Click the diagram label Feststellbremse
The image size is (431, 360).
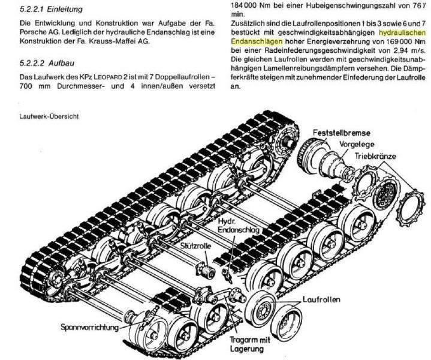342,133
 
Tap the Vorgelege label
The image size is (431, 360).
357,145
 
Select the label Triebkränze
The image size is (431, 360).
375,157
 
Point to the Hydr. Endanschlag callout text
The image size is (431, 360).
239,226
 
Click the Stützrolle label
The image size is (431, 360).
196,246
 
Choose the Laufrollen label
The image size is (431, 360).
321,299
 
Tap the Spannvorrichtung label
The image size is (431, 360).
89,327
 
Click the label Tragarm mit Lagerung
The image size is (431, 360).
249,344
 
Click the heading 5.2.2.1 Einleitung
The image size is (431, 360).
51,10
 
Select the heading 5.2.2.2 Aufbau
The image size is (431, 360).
47,64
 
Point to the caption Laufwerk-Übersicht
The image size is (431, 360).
49,116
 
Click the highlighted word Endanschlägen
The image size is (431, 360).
257,41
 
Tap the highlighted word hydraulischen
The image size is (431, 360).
402,33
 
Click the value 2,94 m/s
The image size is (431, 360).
408,50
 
